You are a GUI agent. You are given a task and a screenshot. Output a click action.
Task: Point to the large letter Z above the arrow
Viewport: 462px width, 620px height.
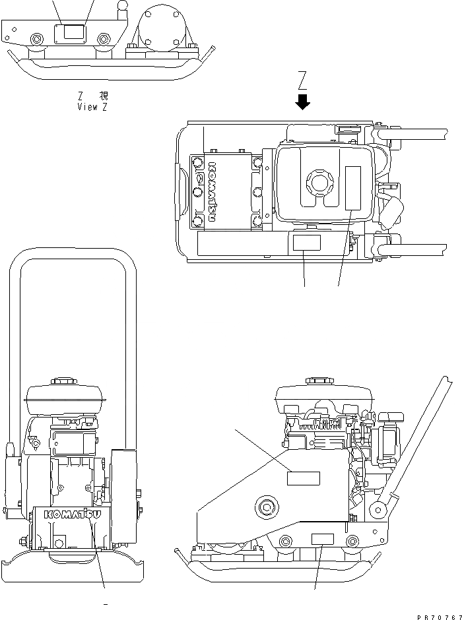click(x=303, y=81)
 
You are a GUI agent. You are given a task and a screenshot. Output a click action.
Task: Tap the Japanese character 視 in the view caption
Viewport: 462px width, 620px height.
click(x=103, y=96)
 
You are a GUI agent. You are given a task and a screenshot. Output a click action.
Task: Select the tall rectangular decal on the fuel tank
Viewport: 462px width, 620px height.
click(x=354, y=188)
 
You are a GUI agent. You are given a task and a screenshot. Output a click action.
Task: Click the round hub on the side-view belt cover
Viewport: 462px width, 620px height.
click(x=268, y=507)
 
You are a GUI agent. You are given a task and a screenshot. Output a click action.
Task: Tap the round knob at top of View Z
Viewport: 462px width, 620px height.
click(x=122, y=6)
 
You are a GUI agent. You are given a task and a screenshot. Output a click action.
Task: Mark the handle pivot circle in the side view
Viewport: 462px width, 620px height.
click(x=379, y=509)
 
